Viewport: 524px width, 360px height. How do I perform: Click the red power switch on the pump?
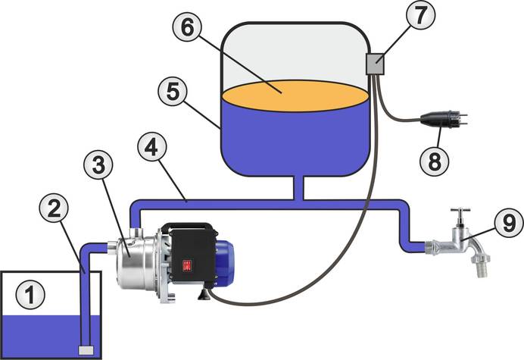183,265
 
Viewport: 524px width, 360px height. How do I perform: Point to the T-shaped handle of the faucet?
460,213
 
